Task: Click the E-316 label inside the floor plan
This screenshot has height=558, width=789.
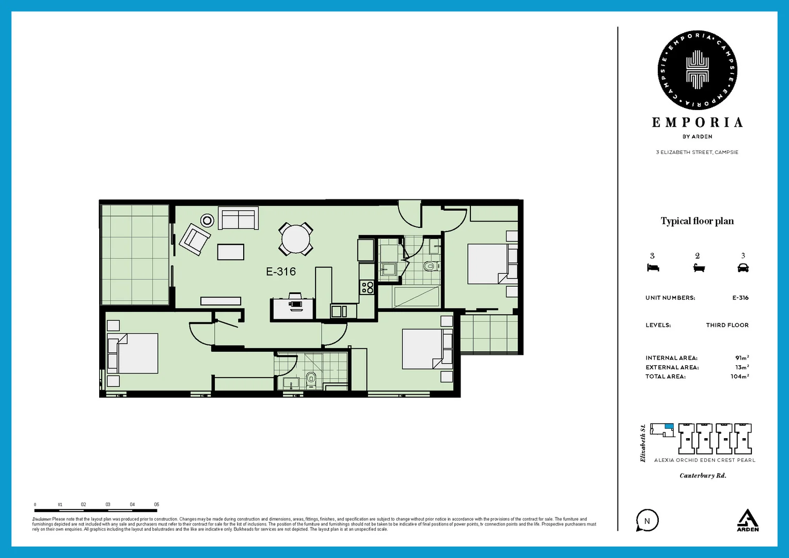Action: pos(281,272)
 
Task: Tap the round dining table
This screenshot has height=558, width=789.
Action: pos(296,239)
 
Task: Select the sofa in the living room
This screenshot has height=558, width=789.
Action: pos(238,218)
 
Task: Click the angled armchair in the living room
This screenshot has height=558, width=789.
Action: pos(195,239)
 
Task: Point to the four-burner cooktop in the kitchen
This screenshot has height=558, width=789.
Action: pos(367,287)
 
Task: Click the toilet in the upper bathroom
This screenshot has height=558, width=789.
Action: pos(430,267)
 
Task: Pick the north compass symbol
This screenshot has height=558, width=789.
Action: pos(647,521)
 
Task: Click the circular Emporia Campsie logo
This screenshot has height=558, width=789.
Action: pos(697,70)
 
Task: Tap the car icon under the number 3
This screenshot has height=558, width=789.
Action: pos(743,268)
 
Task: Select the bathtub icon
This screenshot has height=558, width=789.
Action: pos(699,268)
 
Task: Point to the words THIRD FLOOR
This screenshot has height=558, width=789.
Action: pos(727,325)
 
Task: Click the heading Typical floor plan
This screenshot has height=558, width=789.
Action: pos(697,221)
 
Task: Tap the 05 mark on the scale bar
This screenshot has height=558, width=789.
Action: pos(156,505)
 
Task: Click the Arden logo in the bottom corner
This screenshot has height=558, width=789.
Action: pos(747,520)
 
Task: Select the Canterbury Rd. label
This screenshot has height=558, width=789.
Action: pos(703,476)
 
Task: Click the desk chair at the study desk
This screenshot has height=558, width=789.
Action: pos(295,304)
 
